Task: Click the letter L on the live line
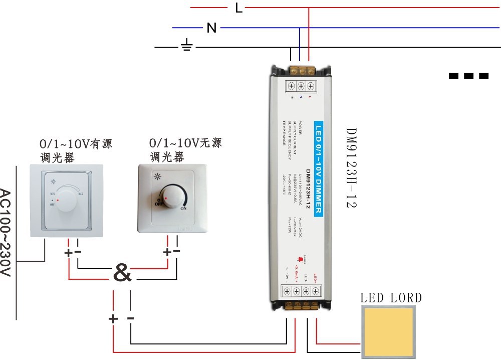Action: tap(239, 8)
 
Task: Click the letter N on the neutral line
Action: tap(212, 28)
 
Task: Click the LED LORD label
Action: tap(391, 298)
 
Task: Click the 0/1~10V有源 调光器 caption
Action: tap(75, 150)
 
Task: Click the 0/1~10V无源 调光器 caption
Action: tap(185, 149)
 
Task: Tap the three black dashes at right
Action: tap(469, 76)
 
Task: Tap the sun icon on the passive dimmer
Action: tap(158, 176)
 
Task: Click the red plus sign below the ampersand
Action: tap(113, 318)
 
